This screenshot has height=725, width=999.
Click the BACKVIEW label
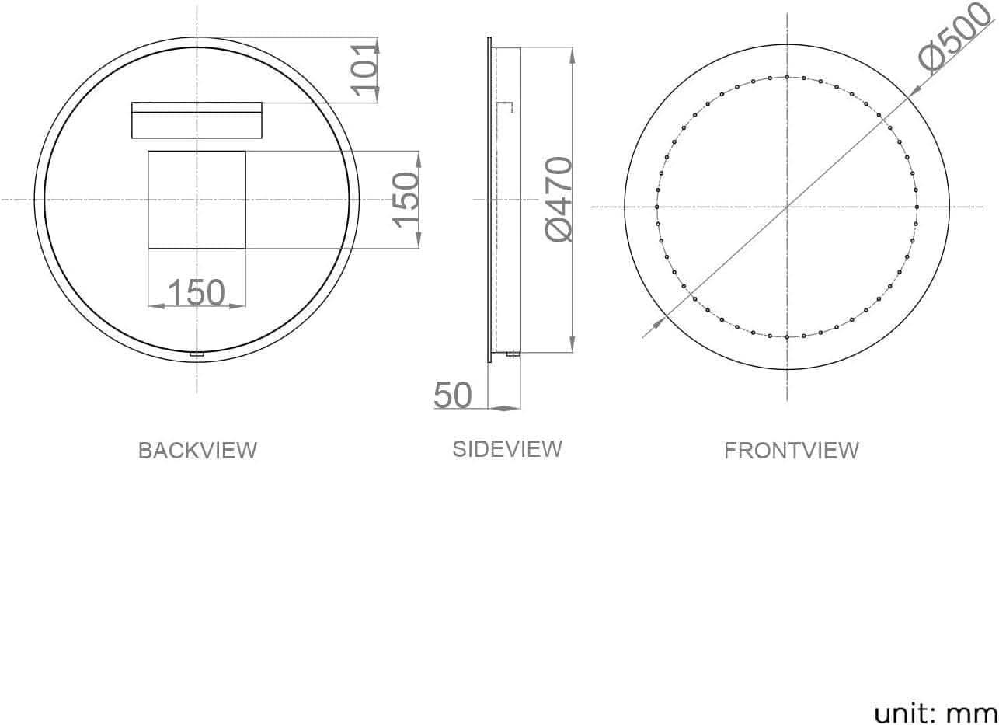click(197, 451)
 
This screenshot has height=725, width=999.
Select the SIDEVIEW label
click(507, 449)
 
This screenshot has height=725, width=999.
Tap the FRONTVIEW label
click(792, 451)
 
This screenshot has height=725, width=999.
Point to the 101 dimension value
click(365, 68)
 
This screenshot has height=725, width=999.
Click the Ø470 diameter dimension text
click(559, 200)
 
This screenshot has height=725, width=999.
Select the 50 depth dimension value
click(453, 396)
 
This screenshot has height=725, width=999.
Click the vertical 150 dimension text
click(406, 200)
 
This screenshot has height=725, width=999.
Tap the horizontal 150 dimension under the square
click(196, 293)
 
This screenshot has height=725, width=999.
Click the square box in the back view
click(197, 200)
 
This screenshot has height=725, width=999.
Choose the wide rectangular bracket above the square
click(197, 120)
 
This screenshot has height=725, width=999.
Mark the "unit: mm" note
click(935, 713)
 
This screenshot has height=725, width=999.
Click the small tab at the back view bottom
click(197, 354)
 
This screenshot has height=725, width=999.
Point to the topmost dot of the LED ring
click(787, 77)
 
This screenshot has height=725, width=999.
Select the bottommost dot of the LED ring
click(787, 337)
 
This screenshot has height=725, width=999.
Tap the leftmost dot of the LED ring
click(657, 207)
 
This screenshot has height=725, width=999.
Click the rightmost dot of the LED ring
click(917, 207)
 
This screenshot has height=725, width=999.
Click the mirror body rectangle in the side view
click(506, 200)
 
